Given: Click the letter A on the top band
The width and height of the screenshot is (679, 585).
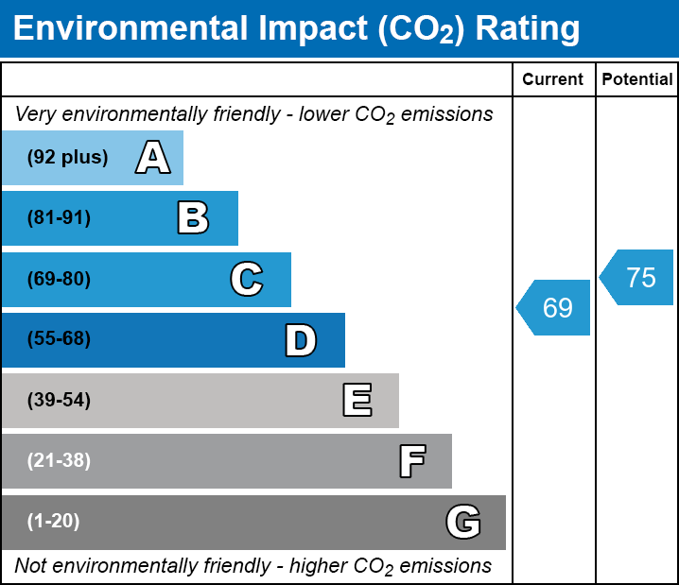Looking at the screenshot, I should click(153, 158).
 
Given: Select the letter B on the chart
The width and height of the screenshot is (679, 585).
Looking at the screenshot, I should click(193, 218).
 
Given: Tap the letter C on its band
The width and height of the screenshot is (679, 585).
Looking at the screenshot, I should click(247, 279).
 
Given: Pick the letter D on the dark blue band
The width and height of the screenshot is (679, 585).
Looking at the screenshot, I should click(301, 340).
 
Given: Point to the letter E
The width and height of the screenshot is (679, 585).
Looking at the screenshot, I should click(357, 401).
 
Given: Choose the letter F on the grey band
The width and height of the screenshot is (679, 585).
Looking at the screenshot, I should click(411, 461).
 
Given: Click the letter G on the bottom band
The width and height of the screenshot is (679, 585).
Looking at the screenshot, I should click(463, 522).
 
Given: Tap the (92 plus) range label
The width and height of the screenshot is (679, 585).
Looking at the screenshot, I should click(67, 158).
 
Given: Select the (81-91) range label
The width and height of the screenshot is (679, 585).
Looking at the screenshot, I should click(59, 218).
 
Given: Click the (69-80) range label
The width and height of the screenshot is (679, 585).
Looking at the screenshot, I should click(59, 279).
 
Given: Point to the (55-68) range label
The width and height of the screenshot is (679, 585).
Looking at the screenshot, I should click(59, 339).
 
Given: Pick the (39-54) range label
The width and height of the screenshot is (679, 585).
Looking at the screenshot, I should click(59, 400).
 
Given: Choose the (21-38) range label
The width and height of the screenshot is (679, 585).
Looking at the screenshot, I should click(59, 460).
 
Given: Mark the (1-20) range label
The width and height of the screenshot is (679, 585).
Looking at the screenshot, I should click(54, 521).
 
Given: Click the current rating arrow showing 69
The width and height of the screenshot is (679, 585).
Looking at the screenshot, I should click(555, 308).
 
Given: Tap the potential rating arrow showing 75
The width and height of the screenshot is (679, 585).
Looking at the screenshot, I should click(638, 278).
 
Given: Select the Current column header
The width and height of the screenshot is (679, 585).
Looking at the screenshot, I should click(553, 80).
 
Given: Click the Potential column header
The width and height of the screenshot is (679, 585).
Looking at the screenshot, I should click(637, 80).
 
